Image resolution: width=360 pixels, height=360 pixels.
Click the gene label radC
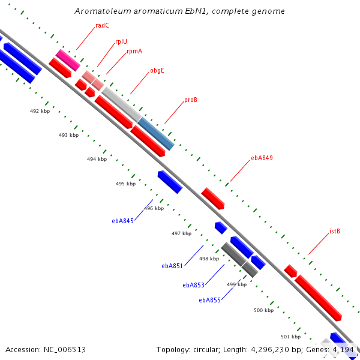(x=102, y=25)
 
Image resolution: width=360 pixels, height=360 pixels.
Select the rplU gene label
(x=121, y=42)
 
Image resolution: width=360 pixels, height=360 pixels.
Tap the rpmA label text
(x=134, y=52)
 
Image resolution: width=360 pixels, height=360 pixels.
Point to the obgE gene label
(x=157, y=70)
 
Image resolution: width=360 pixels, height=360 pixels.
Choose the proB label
(x=191, y=100)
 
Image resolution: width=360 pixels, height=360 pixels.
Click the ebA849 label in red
(x=262, y=158)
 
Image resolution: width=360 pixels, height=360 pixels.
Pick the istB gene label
(x=335, y=231)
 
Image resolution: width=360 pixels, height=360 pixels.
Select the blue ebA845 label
(x=122, y=221)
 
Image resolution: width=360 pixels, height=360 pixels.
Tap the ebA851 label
(x=172, y=266)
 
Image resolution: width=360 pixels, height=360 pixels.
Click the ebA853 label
(x=194, y=285)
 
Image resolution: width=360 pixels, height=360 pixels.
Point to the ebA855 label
(x=210, y=300)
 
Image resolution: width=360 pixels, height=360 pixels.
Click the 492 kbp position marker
(x=40, y=111)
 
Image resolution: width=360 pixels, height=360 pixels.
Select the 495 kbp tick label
(x=125, y=184)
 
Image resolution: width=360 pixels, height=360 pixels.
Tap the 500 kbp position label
(x=264, y=310)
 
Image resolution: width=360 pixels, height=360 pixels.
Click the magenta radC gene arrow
(x=68, y=59)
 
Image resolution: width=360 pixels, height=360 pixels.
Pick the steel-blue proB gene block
(x=156, y=134)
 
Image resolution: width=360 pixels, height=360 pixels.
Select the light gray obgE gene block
(x=122, y=104)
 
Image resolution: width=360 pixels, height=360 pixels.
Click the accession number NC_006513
(x=65, y=349)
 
